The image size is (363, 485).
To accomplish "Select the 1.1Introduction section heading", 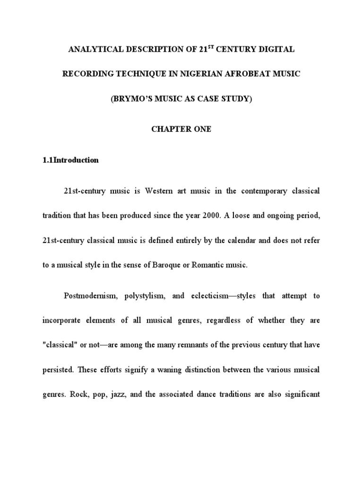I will [x=71, y=160].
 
